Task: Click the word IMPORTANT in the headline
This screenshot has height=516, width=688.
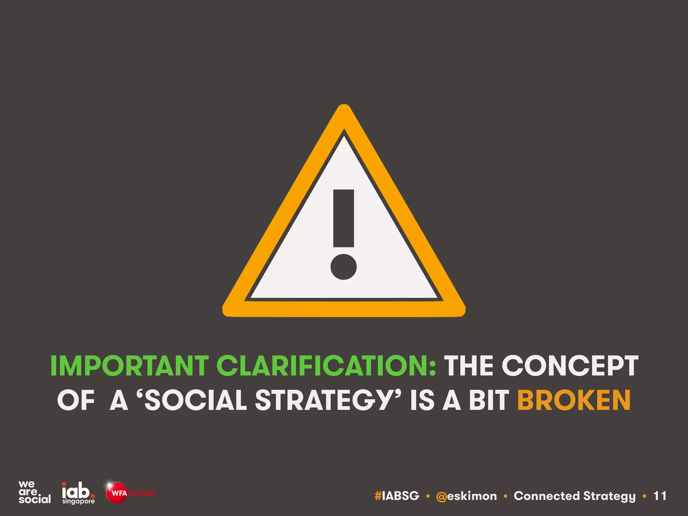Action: [x=129, y=365]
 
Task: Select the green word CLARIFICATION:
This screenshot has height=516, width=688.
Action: [x=326, y=365]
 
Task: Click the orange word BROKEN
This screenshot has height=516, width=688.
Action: [x=574, y=400]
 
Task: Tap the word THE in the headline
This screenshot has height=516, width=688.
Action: [x=469, y=365]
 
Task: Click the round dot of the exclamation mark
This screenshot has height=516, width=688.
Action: [x=343, y=267]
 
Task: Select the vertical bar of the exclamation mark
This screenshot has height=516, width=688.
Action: [x=343, y=218]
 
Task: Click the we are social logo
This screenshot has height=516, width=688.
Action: [x=34, y=492]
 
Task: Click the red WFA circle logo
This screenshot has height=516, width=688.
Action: [x=117, y=493]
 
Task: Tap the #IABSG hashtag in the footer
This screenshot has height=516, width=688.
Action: [x=397, y=496]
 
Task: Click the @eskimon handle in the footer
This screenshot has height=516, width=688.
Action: [x=466, y=496]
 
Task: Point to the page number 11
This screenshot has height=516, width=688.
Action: [x=660, y=496]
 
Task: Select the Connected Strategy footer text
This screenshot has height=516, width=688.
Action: [x=574, y=496]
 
